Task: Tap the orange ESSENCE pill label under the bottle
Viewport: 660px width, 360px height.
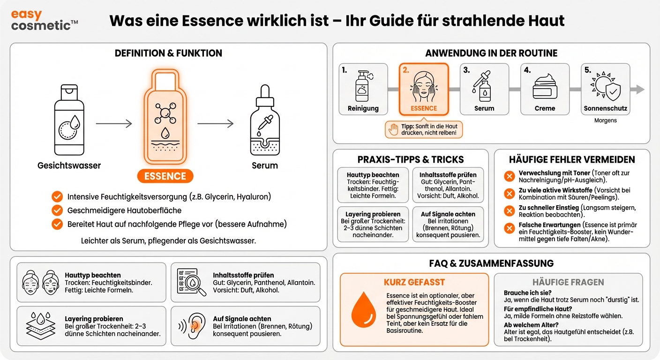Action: (165, 176)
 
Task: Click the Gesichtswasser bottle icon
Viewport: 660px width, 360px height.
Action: (69, 121)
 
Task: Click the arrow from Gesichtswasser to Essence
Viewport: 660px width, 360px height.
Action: (114, 124)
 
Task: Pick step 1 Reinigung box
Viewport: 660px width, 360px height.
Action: (363, 89)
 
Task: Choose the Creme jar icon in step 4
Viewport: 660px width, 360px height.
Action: (545, 86)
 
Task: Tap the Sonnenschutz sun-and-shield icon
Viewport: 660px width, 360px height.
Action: (605, 86)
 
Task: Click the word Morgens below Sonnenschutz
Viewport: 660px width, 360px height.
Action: (605, 120)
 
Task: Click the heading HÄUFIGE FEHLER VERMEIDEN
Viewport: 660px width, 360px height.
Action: (572, 159)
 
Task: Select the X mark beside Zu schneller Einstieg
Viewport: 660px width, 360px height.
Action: (509, 210)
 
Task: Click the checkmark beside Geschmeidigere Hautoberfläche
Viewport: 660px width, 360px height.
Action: (57, 210)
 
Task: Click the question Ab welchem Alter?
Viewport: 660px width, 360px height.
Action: (531, 325)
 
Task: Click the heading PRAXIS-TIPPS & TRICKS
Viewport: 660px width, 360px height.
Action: (410, 159)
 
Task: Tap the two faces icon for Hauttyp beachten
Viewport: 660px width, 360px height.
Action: (40, 282)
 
